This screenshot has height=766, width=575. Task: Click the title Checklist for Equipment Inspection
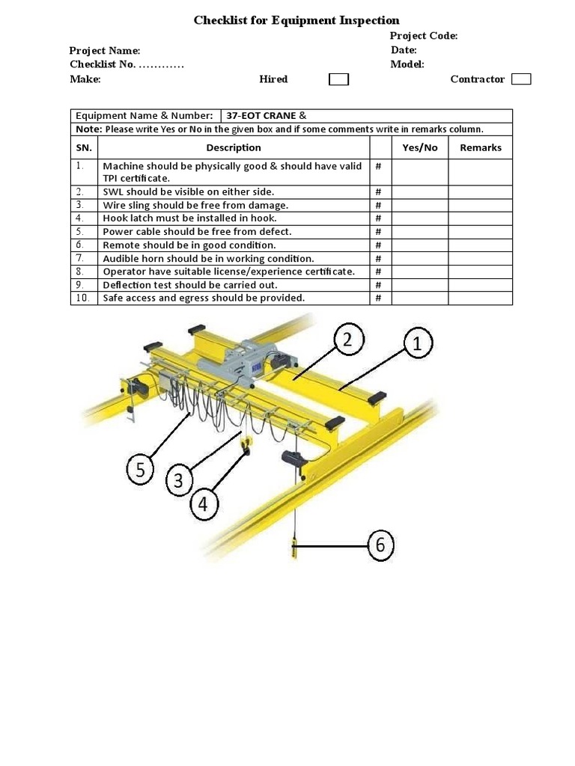pos(296,20)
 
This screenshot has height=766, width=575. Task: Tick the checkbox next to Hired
pos(339,79)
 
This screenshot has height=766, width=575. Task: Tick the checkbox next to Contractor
pos(522,79)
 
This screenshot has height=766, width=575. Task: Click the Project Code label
pos(424,36)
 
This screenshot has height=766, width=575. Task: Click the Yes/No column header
pos(419,147)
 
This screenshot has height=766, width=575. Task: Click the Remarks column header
pos(480,147)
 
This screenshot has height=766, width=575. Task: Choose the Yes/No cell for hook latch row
pos(419,218)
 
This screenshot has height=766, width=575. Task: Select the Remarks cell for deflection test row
pos(480,285)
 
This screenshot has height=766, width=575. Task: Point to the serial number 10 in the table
pos(84,298)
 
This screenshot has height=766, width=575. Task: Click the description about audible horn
pos(208,258)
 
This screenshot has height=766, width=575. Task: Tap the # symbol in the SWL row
pos(379,192)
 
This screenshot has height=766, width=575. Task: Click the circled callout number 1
pos(418,344)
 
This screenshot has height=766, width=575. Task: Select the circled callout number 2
pos(347,340)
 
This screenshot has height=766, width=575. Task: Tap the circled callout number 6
pos(380,545)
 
